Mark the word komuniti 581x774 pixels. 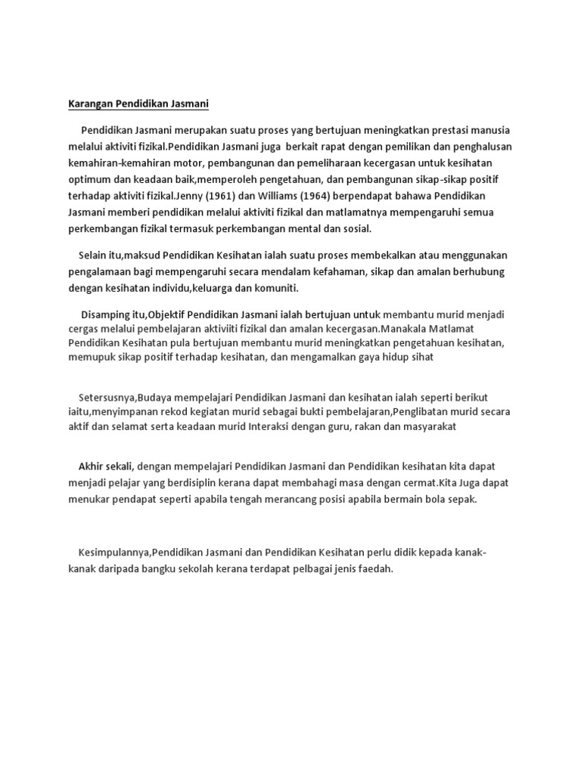tap(275, 289)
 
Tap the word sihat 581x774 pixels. tap(421, 357)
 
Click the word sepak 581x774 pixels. tap(463, 499)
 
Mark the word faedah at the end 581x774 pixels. tap(375, 569)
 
